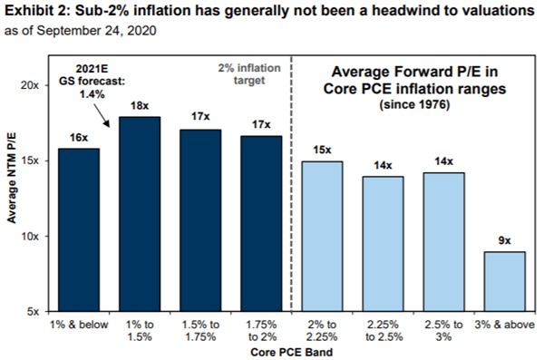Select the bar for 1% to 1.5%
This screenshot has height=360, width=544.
(139, 214)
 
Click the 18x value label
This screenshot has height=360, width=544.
(139, 106)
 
